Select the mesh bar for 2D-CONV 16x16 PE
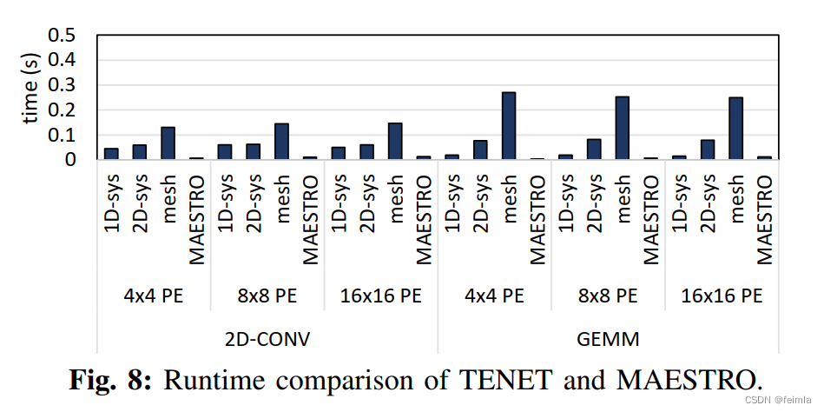pos(395,142)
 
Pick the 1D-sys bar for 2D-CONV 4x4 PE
pos(111,154)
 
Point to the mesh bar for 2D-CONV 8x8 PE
pos(281,142)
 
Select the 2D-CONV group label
pos(267,338)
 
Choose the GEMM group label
pos(608,338)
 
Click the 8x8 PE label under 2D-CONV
pos(267,295)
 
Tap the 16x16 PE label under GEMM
pos(722,295)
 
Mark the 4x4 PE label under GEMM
pos(494,295)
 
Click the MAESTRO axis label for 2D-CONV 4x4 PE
pos(197,221)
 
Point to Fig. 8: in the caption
pos(109,378)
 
